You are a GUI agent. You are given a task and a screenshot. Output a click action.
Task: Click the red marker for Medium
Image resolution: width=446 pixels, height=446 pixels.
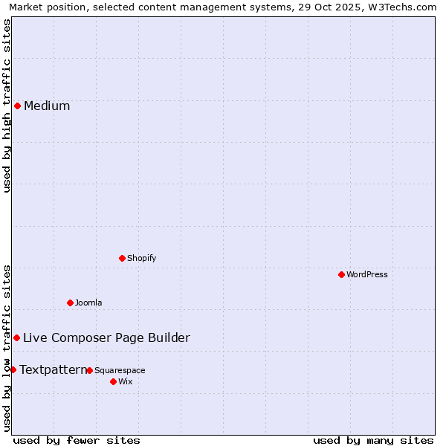click(17, 106)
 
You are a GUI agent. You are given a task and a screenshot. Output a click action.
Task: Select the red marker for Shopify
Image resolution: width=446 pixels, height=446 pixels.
click(122, 258)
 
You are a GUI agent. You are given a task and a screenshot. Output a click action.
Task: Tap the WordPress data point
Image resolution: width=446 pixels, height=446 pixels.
click(341, 274)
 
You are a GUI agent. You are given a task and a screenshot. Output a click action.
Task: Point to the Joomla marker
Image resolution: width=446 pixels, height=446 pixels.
click(70, 303)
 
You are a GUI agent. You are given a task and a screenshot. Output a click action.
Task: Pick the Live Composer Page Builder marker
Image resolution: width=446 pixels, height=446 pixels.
click(16, 337)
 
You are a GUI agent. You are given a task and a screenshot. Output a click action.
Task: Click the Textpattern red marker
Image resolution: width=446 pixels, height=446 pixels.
click(13, 369)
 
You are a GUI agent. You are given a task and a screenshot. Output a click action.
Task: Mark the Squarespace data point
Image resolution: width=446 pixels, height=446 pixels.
click(89, 370)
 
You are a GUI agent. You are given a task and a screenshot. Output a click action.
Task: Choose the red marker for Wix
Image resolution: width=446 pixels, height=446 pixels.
click(113, 381)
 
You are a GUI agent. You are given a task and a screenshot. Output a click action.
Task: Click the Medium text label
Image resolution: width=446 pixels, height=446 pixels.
click(47, 106)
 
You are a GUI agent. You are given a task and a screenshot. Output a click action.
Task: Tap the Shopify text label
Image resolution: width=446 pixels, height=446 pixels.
click(141, 258)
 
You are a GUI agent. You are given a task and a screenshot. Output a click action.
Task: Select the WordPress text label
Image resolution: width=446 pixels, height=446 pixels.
click(367, 274)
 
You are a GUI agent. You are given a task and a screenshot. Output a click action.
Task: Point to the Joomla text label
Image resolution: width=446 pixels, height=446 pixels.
click(88, 303)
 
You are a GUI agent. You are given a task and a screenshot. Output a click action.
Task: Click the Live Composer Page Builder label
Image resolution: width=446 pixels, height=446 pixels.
click(106, 337)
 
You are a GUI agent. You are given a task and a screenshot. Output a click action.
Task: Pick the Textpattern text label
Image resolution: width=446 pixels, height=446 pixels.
click(53, 369)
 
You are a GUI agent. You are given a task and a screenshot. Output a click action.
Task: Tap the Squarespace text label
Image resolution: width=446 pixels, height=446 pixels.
click(120, 370)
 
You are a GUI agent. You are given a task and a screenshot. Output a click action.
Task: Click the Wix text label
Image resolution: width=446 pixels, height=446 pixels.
click(125, 381)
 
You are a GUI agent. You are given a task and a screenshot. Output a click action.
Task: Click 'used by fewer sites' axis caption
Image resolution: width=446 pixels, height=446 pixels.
click(77, 440)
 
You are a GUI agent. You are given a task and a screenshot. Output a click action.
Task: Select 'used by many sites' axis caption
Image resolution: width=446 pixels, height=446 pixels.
click(373, 440)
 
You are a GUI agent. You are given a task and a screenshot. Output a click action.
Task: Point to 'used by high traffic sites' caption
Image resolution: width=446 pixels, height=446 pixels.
click(7, 106)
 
